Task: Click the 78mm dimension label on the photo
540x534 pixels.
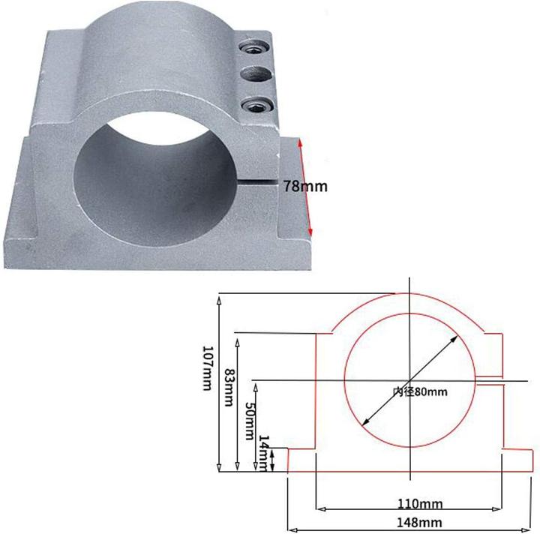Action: pyautogui.click(x=305, y=187)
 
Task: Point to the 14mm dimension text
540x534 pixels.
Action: pyautogui.click(x=264, y=453)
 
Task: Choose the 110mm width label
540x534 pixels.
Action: pyautogui.click(x=409, y=503)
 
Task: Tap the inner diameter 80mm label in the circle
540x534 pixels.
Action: pyautogui.click(x=419, y=391)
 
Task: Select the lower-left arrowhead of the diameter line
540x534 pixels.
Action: pyautogui.click(x=365, y=421)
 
